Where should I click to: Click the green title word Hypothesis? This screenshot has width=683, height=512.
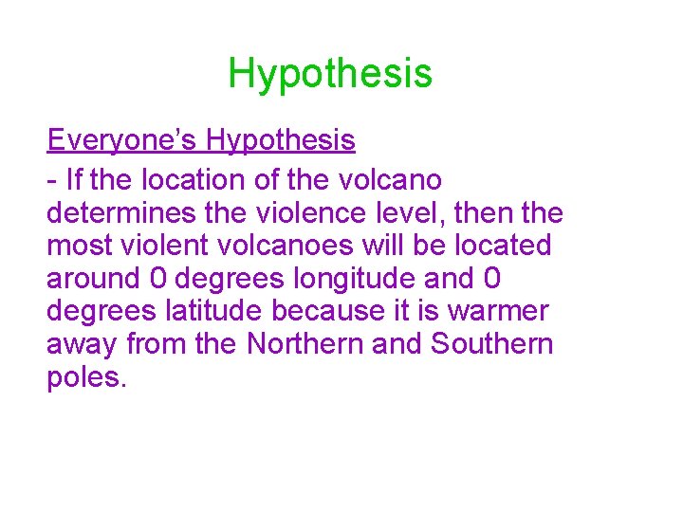pyautogui.click(x=329, y=73)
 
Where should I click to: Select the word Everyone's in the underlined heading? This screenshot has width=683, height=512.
pyautogui.click(x=122, y=140)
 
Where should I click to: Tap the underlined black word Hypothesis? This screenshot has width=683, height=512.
pyautogui.click(x=281, y=140)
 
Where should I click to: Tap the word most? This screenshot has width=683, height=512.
pyautogui.click(x=81, y=246)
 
